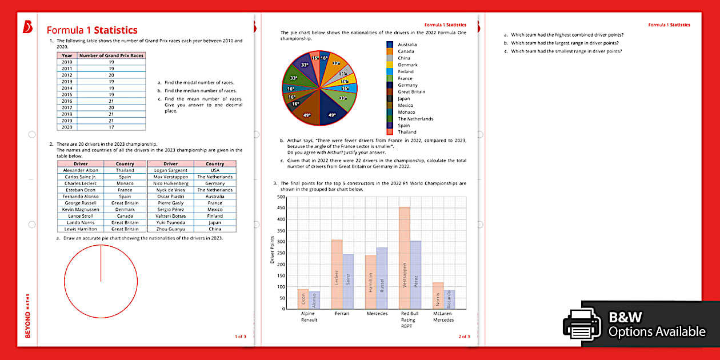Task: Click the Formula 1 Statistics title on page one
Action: [91, 30]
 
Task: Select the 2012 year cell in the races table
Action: [67, 75]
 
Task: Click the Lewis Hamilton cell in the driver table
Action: [79, 229]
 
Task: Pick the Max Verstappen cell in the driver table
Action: [170, 177]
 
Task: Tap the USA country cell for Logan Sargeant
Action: [215, 170]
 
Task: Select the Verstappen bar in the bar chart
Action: [404, 258]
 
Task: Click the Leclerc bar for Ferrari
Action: [337, 274]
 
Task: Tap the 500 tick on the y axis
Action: [281, 197]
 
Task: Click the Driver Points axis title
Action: [273, 250]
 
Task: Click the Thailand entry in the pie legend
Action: [407, 132]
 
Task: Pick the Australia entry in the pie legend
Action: [407, 45]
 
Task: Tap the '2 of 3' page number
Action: [464, 337]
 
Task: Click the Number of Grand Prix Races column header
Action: [111, 55]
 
